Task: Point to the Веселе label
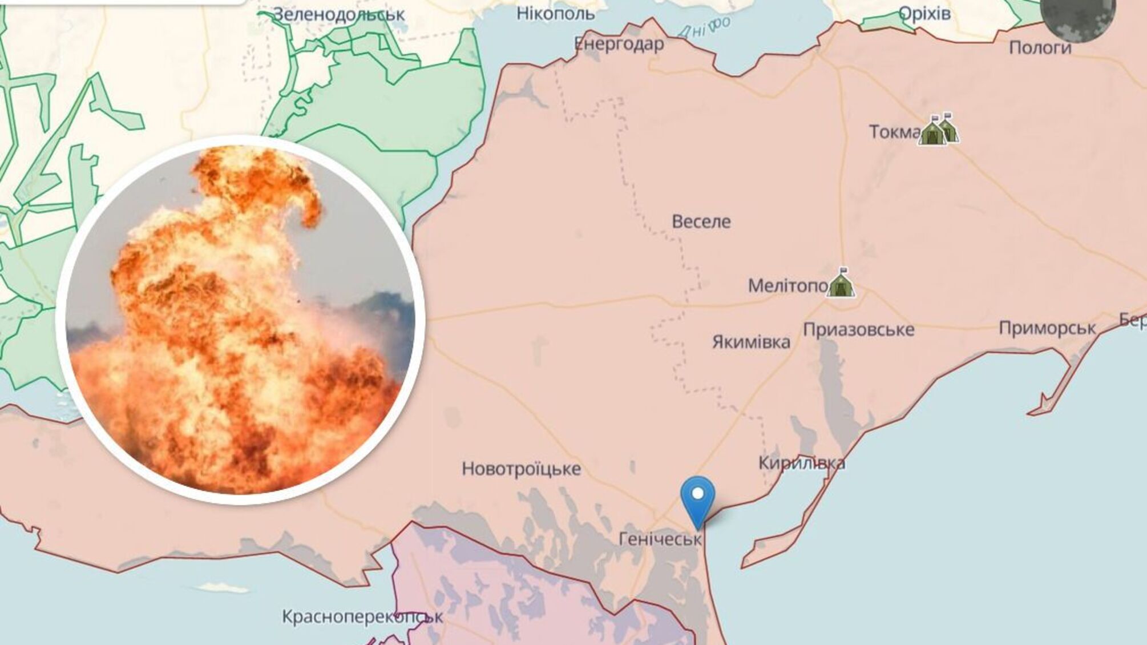(x=701, y=221)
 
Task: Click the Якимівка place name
(x=751, y=342)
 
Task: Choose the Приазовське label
(x=858, y=329)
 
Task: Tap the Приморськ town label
(x=1047, y=328)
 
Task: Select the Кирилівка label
(x=802, y=462)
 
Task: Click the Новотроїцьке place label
(x=521, y=469)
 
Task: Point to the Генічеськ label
(x=660, y=538)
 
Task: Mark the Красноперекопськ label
(x=362, y=617)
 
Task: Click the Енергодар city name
(x=619, y=44)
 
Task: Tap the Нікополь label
(x=555, y=13)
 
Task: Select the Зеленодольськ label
(x=338, y=14)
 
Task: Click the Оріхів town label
(x=924, y=13)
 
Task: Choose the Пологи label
(x=1040, y=47)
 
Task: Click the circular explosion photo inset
(x=240, y=320)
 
